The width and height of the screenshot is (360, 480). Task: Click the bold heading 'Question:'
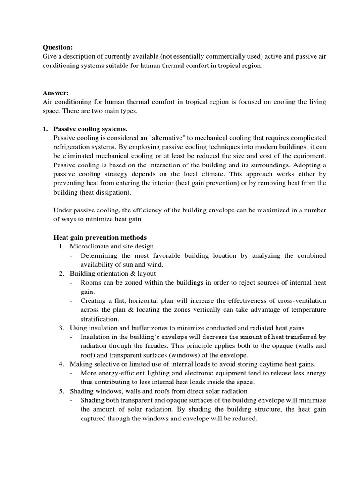coord(58,47)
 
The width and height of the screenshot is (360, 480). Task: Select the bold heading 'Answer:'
coord(56,93)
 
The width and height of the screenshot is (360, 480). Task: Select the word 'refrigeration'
coord(73,147)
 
